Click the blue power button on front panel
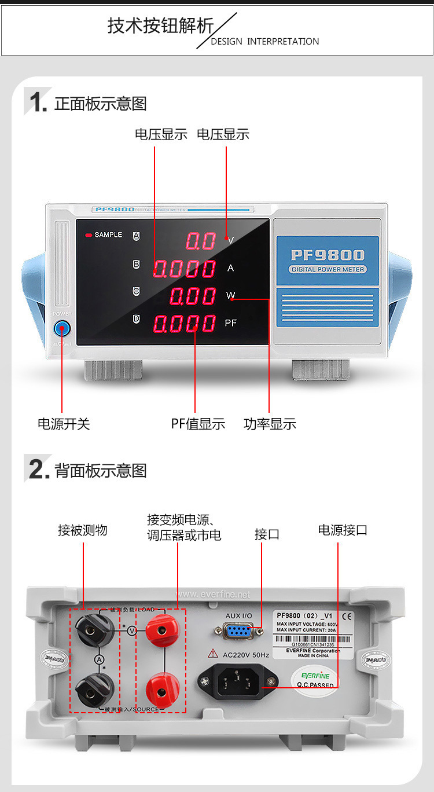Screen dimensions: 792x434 pyautogui.click(x=61, y=329)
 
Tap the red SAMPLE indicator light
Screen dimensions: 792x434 pyautogui.click(x=89, y=235)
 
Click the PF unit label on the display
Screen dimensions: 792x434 pyautogui.click(x=231, y=323)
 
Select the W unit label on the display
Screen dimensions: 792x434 pyautogui.click(x=231, y=295)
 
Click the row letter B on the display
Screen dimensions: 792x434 pyautogui.click(x=137, y=265)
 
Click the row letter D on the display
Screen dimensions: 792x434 pyautogui.click(x=137, y=318)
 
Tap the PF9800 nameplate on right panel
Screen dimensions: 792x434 pyautogui.click(x=328, y=255)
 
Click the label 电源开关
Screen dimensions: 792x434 pyautogui.click(x=64, y=424)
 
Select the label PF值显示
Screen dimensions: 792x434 pyautogui.click(x=198, y=424)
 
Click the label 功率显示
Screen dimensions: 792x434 pyautogui.click(x=270, y=424)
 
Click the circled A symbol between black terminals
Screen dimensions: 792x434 pyautogui.click(x=100, y=659)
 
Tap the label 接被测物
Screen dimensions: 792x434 pyautogui.click(x=83, y=530)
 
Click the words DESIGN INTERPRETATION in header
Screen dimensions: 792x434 pyautogui.click(x=264, y=42)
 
